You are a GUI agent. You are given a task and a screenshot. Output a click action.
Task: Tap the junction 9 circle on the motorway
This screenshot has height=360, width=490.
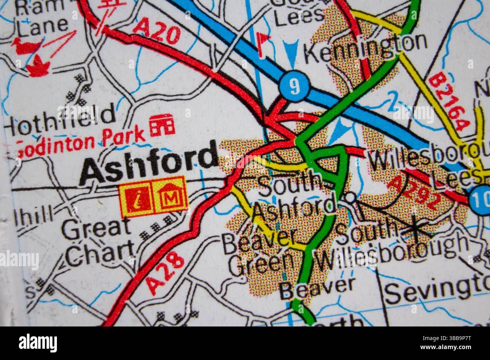(x=294, y=87)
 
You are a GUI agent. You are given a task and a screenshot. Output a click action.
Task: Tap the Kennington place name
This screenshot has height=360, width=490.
(x=365, y=47)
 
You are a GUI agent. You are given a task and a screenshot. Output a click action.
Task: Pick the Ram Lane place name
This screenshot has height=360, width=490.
(x=40, y=17)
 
